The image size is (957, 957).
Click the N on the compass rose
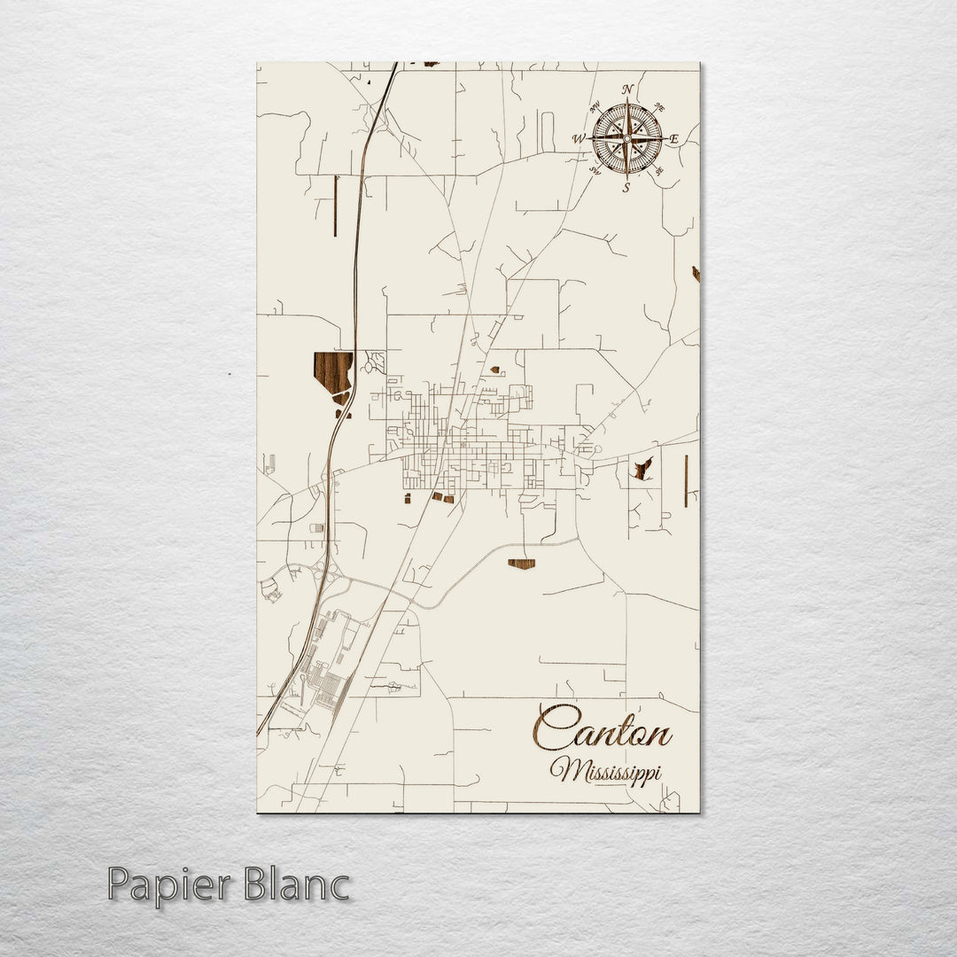pos(627,89)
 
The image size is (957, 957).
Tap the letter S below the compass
pos(626,187)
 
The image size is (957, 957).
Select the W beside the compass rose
pos(579,139)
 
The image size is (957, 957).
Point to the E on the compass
pos(674,139)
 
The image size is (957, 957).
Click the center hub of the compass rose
pos(626,138)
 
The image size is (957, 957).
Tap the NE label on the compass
pos(658,108)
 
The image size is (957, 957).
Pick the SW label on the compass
pos(596,171)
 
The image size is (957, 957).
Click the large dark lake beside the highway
pos(331,370)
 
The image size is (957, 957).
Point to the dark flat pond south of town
pos(521,564)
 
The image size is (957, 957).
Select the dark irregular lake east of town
pos(642,469)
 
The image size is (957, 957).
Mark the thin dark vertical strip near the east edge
pos(686,481)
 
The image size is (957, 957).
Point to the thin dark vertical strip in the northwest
pos(335,206)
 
